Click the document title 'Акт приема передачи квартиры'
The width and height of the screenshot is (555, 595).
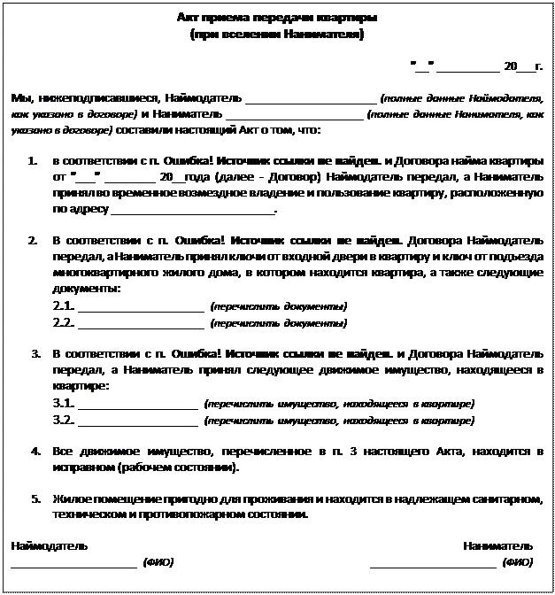tap(277, 18)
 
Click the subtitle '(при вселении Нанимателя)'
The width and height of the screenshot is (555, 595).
tap(277, 34)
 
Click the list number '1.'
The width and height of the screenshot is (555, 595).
tap(33, 162)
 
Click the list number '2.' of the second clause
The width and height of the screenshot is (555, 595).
tap(33, 241)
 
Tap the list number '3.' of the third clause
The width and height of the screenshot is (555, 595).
tap(35, 354)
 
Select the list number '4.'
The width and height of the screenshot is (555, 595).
tap(35, 452)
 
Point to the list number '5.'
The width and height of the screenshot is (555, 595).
tap(35, 498)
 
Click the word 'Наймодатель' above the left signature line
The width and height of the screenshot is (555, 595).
tap(49, 545)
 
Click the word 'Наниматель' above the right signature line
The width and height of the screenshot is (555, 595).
tap(497, 545)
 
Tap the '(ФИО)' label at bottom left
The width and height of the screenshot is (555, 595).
tap(158, 562)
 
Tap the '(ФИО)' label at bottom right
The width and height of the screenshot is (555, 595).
tap(517, 562)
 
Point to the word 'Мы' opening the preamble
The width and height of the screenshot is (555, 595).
tap(19, 97)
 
